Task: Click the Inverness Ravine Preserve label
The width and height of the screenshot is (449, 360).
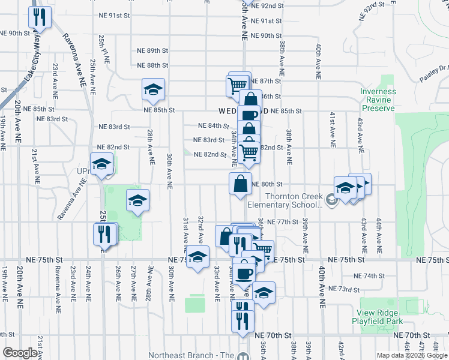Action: click(x=378, y=100)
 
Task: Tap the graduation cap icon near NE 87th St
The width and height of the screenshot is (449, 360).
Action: click(x=153, y=89)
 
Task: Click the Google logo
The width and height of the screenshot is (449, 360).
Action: click(x=20, y=353)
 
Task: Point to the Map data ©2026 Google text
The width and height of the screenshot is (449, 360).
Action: click(x=411, y=355)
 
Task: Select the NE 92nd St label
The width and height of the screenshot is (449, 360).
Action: click(x=267, y=5)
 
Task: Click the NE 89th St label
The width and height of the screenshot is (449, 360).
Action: click(x=152, y=50)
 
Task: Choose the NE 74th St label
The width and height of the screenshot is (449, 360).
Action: click(x=369, y=276)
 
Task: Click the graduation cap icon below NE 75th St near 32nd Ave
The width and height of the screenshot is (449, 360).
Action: click(x=196, y=258)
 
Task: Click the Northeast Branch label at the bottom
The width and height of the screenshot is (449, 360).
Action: click(x=191, y=355)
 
